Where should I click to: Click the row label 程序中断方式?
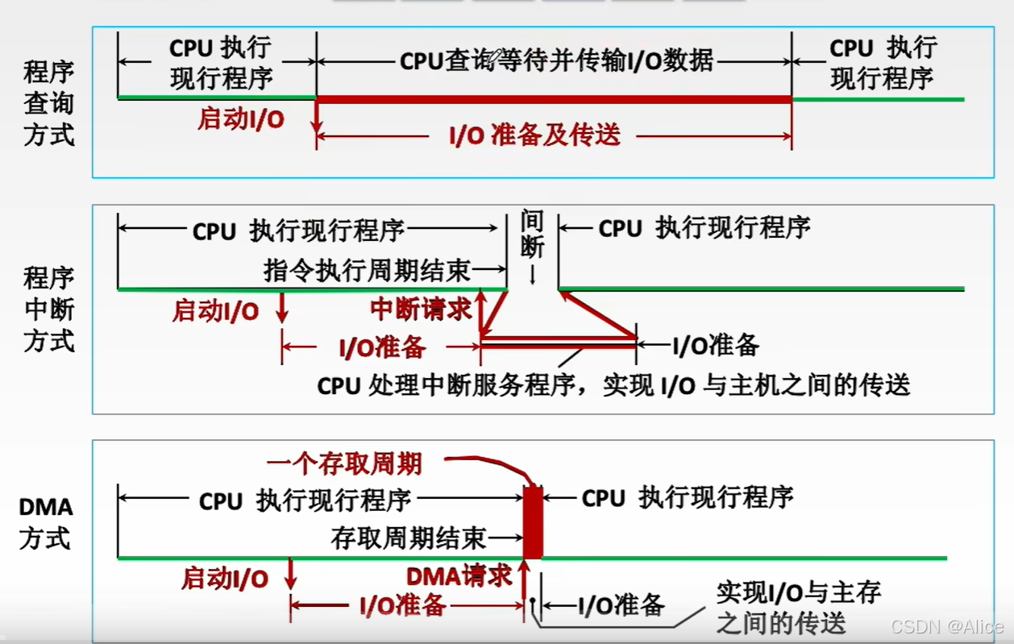click(x=49, y=310)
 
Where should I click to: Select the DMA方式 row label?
click(x=46, y=522)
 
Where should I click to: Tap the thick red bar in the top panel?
click(x=554, y=99)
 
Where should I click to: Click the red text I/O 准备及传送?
click(x=535, y=135)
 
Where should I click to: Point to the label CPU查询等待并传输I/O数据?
click(x=556, y=60)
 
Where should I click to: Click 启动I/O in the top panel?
click(x=241, y=119)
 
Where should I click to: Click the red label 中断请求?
click(x=421, y=309)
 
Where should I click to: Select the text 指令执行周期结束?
click(x=367, y=270)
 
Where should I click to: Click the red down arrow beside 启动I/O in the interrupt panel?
click(x=281, y=307)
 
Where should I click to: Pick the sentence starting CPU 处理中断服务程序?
click(x=613, y=385)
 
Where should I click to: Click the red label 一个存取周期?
click(x=344, y=463)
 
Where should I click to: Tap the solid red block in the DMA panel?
click(x=533, y=521)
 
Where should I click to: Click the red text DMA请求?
click(x=459, y=575)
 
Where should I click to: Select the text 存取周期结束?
click(x=409, y=537)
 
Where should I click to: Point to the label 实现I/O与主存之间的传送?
click(x=798, y=607)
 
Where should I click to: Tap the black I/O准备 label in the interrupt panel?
click(x=716, y=346)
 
